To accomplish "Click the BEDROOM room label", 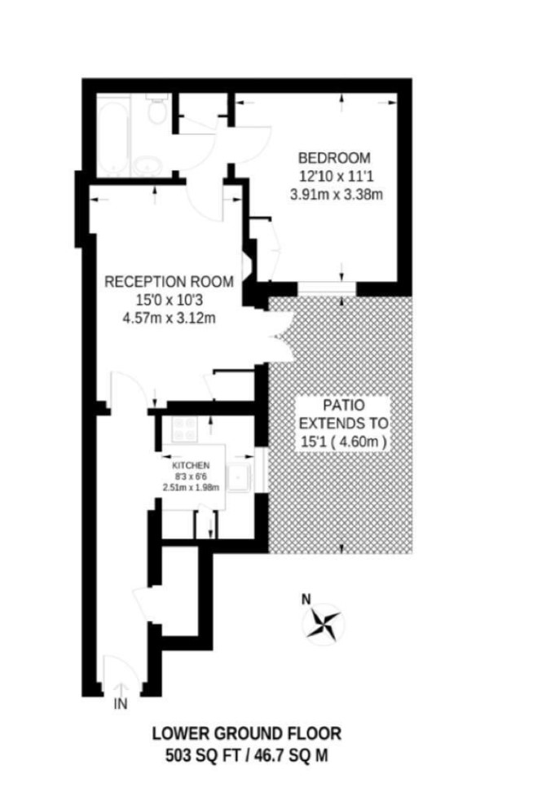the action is (x=334, y=157).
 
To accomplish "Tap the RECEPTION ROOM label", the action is (x=170, y=282).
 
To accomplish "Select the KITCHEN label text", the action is (x=191, y=465).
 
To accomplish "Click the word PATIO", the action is (x=344, y=405).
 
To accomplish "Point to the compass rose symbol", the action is (x=323, y=624).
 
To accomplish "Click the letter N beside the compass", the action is (x=306, y=600).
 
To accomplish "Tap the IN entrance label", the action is (x=121, y=704).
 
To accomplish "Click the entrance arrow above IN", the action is (x=121, y=689).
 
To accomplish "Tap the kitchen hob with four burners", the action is (x=184, y=429).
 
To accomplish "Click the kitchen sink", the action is (x=239, y=477).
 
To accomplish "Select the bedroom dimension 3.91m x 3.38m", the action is (x=336, y=194).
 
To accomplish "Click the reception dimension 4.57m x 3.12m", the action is (x=170, y=319).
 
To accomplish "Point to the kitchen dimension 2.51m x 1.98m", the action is (x=191, y=487).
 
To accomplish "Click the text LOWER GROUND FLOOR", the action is (x=247, y=733).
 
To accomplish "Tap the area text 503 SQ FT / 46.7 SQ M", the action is (x=247, y=756).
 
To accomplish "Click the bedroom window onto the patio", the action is (x=327, y=289).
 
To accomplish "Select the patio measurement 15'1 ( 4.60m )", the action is (x=344, y=442).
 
